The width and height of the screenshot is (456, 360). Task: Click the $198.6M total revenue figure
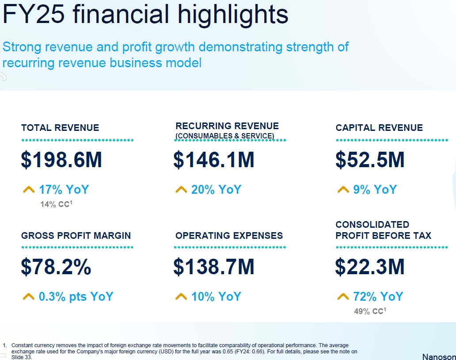61,160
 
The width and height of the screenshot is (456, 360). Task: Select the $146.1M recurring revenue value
214,160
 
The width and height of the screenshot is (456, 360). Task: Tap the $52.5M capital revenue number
370,160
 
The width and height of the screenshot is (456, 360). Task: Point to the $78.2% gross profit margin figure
56,267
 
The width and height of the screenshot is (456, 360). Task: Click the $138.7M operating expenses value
214,267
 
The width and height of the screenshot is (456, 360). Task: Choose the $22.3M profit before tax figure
370,267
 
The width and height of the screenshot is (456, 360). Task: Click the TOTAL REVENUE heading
60,128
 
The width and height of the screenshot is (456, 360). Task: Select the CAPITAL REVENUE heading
379,128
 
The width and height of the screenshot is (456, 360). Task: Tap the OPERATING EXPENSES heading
229,236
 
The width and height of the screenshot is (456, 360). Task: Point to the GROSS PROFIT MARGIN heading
76,236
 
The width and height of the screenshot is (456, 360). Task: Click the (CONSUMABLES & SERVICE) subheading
225,136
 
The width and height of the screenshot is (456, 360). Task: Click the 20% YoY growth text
217,190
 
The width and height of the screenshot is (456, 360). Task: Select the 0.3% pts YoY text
76,296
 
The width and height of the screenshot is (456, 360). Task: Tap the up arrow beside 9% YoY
343,190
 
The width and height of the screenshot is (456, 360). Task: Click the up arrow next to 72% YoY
343,296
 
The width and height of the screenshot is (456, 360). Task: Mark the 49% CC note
370,311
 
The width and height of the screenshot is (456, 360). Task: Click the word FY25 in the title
34,14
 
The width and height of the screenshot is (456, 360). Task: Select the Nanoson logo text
439,356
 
